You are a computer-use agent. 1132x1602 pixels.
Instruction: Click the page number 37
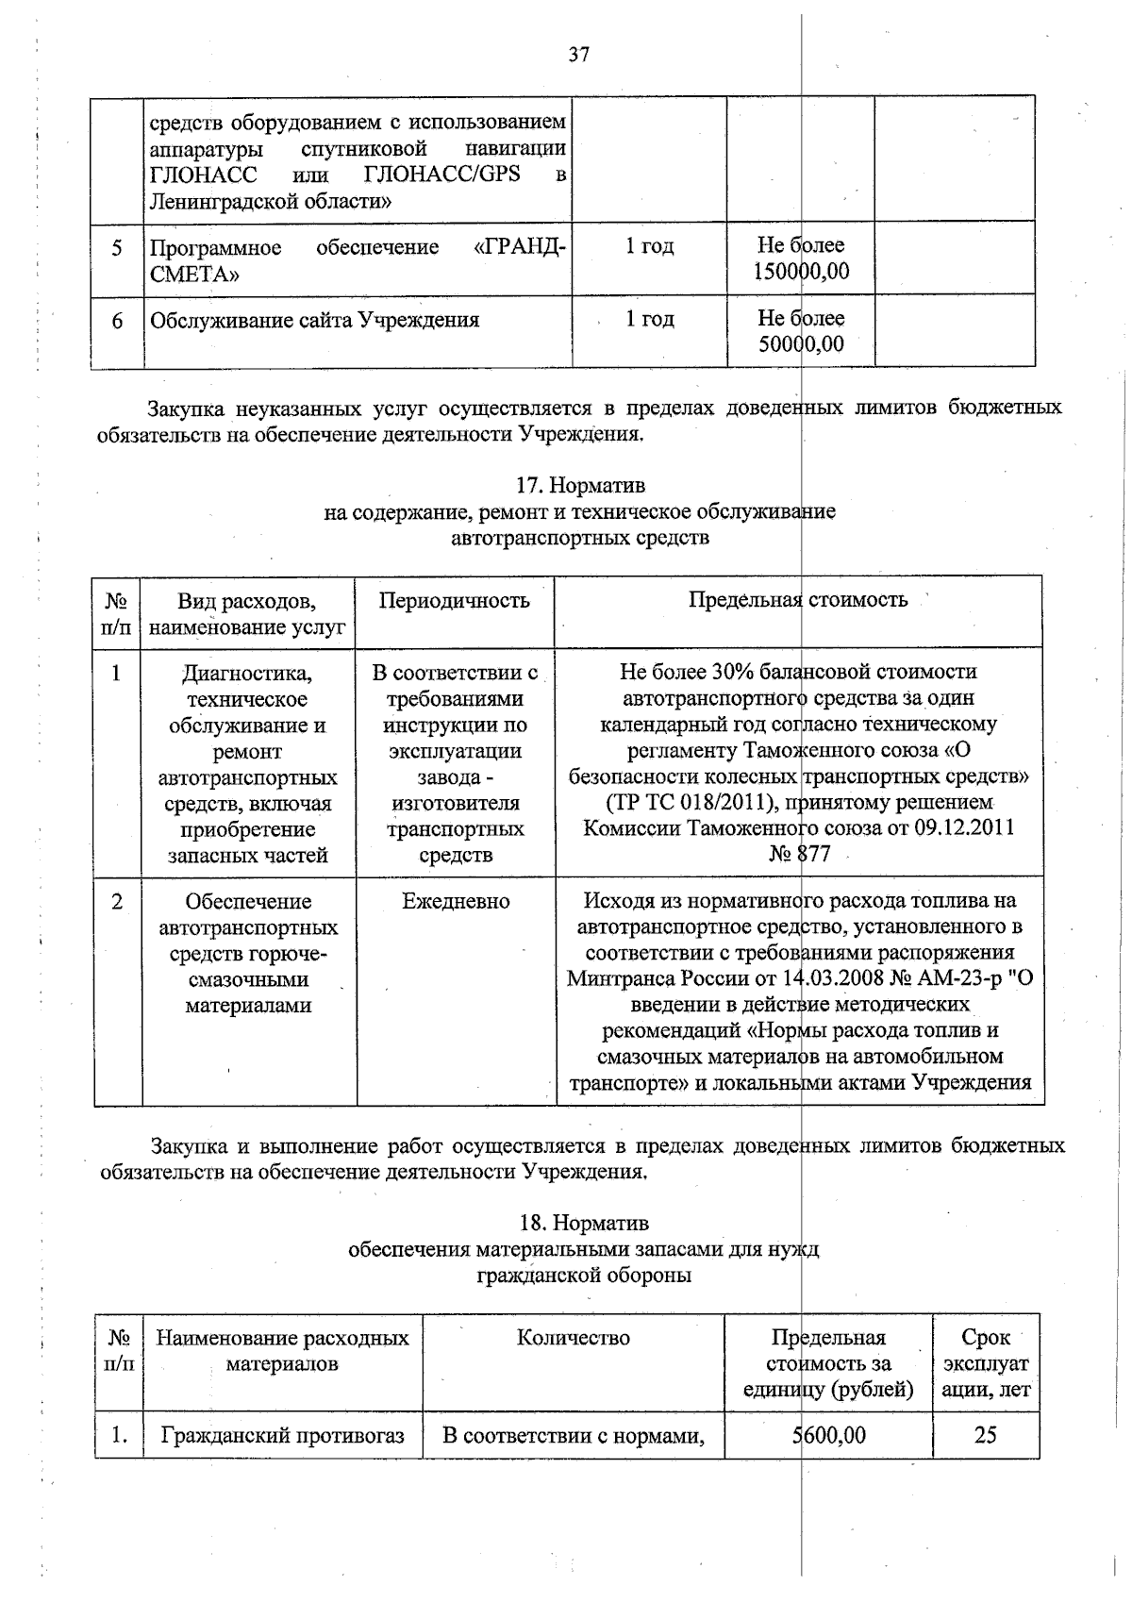[578, 55]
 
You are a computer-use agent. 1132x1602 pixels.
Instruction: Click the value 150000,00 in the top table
[801, 273]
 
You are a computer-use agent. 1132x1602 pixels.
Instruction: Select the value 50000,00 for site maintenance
[801, 344]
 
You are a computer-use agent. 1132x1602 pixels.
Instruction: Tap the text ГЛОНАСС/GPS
[441, 175]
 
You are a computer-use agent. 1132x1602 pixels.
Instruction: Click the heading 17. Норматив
[580, 486]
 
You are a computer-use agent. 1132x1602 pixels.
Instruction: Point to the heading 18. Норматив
[584, 1224]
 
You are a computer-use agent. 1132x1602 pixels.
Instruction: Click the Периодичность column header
[454, 601]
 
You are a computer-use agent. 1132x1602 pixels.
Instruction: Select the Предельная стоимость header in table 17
[798, 600]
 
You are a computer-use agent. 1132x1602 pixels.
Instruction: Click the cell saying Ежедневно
[456, 902]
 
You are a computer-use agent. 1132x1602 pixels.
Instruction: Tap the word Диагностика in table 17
[247, 674]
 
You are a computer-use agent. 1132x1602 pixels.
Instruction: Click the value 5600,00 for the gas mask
[829, 1436]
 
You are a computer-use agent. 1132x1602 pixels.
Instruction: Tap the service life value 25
[985, 1436]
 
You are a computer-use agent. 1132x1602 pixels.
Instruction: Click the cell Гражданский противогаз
[283, 1436]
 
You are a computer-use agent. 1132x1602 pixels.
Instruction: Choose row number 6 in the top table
[117, 322]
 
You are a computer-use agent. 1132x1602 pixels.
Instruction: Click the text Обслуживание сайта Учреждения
[315, 321]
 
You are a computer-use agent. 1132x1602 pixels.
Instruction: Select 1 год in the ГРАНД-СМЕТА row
[649, 247]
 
